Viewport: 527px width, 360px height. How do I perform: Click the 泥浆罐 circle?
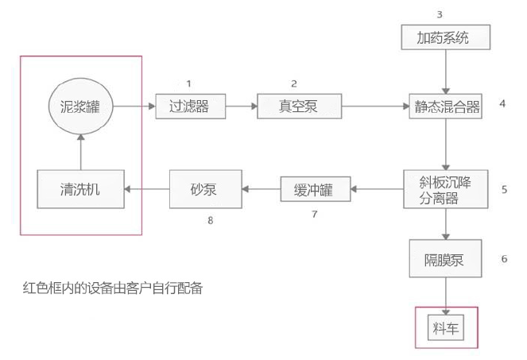(x=80, y=105)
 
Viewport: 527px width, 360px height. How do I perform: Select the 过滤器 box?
(x=189, y=106)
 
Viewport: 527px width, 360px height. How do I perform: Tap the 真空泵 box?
(x=298, y=106)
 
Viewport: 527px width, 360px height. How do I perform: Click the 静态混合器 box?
(x=446, y=106)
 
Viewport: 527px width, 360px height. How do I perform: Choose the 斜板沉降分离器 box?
(x=446, y=189)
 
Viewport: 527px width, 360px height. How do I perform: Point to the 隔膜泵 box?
(x=446, y=259)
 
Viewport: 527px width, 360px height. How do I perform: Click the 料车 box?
(x=447, y=326)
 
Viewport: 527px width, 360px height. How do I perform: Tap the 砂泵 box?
(x=204, y=189)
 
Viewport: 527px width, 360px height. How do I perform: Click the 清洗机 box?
(x=80, y=189)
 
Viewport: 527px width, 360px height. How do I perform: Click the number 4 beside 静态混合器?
(x=502, y=103)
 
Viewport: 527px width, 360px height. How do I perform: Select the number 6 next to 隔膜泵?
(x=504, y=258)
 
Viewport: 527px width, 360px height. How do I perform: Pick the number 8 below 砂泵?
(x=211, y=220)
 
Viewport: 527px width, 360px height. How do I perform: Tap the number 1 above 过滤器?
(x=188, y=83)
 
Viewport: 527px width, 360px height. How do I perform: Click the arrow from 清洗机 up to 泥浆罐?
(x=80, y=152)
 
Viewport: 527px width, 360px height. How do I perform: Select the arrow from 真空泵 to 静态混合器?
(x=373, y=106)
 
